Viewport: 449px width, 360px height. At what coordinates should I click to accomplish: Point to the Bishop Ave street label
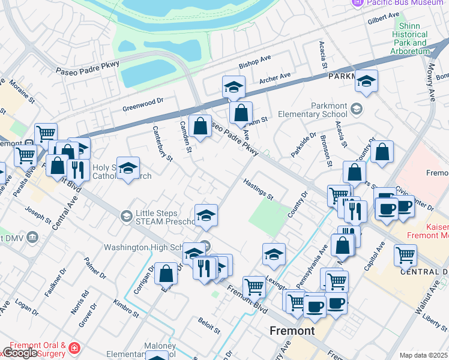pyautogui.click(x=255, y=62)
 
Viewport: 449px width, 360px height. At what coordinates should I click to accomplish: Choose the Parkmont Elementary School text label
pyautogui.click(x=329, y=110)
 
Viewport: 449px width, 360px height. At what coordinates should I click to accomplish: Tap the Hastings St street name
pyautogui.click(x=258, y=188)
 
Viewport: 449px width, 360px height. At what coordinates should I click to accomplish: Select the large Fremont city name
pyautogui.click(x=292, y=331)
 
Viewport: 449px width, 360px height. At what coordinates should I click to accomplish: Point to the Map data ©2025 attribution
pyautogui.click(x=423, y=355)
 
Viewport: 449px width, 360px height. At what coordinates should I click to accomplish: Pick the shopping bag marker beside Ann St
pyautogui.click(x=241, y=112)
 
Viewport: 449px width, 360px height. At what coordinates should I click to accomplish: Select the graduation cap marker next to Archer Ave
pyautogui.click(x=234, y=87)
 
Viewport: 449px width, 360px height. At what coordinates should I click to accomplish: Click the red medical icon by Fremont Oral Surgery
pyautogui.click(x=74, y=348)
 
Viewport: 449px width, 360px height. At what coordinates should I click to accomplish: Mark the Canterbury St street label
pyautogui.click(x=162, y=143)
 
